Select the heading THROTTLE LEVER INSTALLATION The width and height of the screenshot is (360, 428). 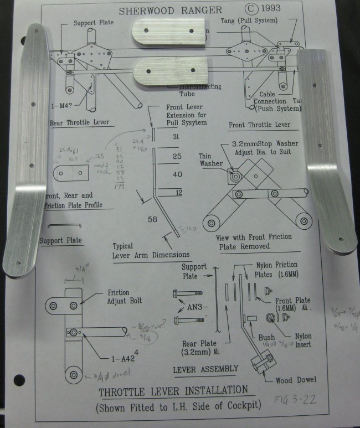[173, 393]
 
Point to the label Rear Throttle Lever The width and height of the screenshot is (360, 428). [79, 123]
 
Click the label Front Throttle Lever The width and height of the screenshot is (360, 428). [259, 125]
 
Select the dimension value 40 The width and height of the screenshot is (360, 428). [177, 174]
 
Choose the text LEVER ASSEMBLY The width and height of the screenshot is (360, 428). [205, 368]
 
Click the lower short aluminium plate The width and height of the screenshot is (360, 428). [167, 70]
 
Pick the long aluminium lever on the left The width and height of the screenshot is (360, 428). [25, 149]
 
